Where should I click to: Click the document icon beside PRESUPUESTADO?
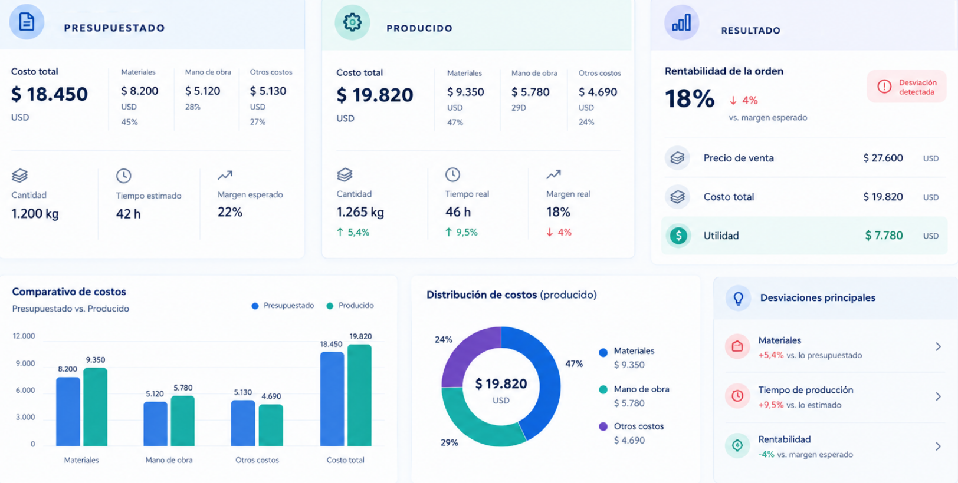[x=27, y=22]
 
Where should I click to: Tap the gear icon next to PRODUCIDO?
[x=352, y=22]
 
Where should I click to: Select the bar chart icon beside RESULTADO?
[x=681, y=22]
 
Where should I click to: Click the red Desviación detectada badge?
[x=907, y=87]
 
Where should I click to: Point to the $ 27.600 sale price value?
[x=882, y=158]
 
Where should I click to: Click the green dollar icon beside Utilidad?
[x=678, y=236]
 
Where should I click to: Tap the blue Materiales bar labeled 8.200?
[x=68, y=411]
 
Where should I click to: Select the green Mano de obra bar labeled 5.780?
[x=183, y=421]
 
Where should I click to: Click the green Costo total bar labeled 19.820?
[x=359, y=395]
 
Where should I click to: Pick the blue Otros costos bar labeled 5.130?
[x=243, y=423]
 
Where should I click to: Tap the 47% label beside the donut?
[x=574, y=364]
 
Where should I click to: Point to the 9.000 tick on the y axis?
[x=25, y=363]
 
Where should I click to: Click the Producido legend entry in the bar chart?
[x=350, y=305]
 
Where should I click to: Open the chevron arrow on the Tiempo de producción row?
[x=938, y=397]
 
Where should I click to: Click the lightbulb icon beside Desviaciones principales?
[x=738, y=298]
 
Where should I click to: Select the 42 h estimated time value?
[x=129, y=214]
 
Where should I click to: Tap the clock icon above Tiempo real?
[x=452, y=175]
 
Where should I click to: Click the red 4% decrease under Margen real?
[x=559, y=232]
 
